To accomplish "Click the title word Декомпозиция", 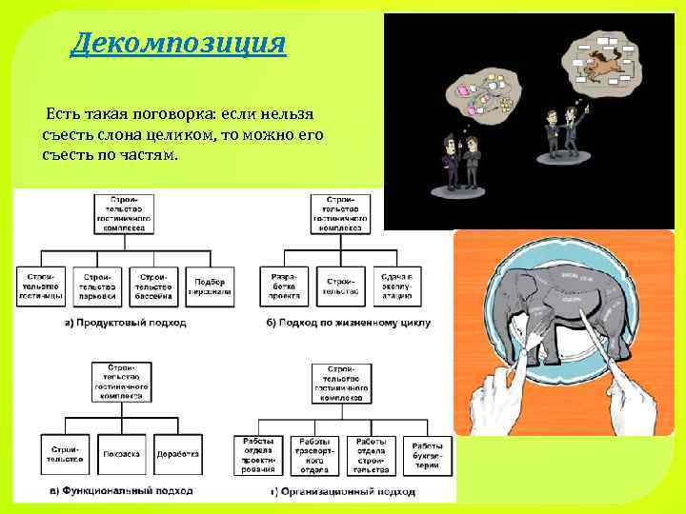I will (177, 44).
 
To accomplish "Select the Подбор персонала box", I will (210, 286).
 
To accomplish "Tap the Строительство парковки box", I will (97, 286).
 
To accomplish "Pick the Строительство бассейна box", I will (153, 286).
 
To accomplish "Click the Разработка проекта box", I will (284, 286).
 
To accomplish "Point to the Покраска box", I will (122, 454).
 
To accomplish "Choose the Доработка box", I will (177, 454).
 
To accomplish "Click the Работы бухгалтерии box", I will (426, 454).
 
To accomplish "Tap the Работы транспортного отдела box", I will (314, 454).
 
